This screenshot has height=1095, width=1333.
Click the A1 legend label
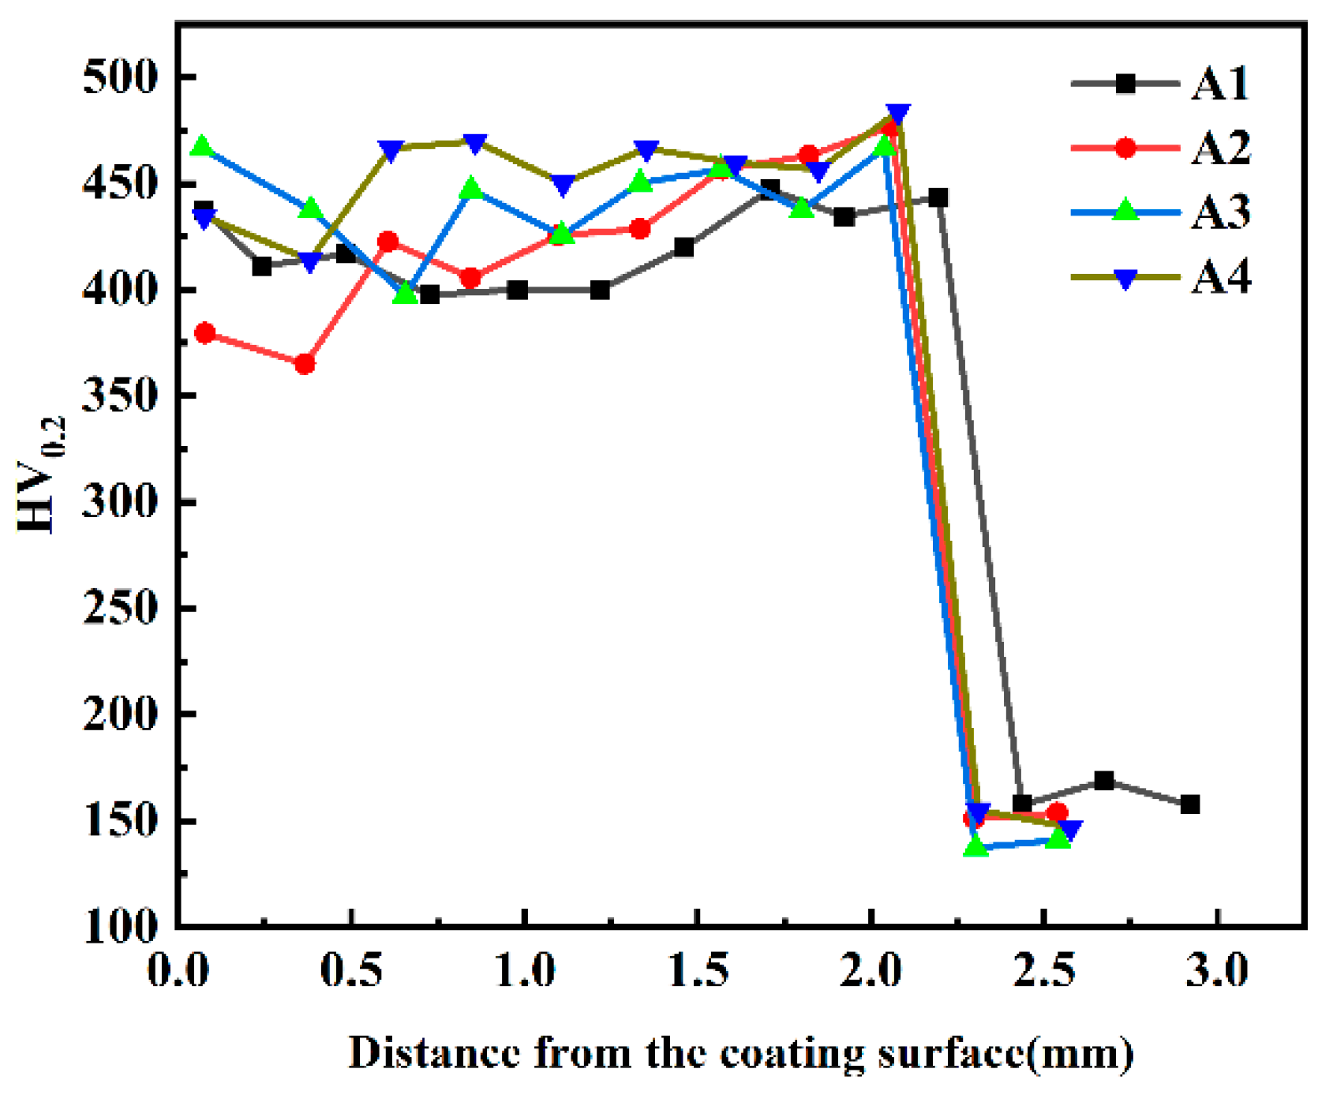click(1220, 84)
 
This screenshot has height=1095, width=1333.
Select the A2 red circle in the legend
click(1125, 148)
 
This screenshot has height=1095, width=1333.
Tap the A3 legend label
click(1220, 212)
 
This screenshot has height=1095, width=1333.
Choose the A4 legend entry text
click(1220, 278)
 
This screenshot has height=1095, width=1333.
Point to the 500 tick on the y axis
click(121, 77)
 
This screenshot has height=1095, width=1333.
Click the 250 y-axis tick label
click(121, 609)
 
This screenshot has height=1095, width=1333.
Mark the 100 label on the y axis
click(121, 926)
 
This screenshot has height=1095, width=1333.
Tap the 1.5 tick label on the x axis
click(698, 971)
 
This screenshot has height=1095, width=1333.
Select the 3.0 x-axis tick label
click(1218, 971)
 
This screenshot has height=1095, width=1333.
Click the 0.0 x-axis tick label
click(179, 971)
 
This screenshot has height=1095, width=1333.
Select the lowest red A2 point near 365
click(305, 365)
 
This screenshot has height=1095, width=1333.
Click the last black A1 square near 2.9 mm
click(1190, 804)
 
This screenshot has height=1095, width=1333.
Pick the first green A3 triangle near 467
click(203, 147)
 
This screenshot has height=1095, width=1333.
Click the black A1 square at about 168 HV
click(1104, 781)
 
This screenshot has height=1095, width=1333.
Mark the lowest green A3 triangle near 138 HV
click(976, 847)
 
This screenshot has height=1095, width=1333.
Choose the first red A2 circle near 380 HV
click(204, 333)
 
